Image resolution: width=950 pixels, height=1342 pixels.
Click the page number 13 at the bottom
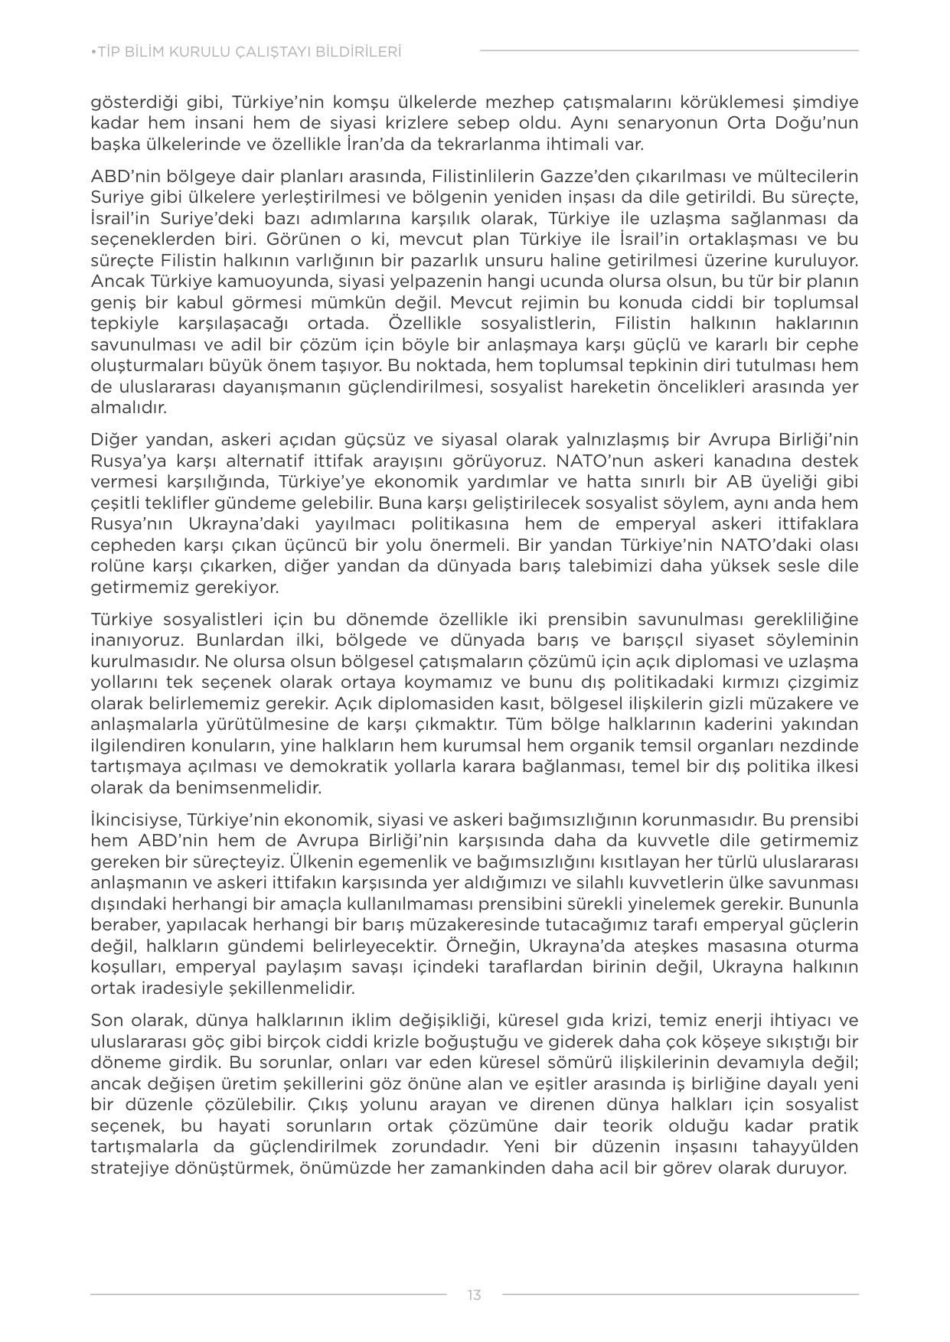click(474, 1295)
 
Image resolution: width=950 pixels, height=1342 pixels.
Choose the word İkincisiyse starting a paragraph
click(133, 819)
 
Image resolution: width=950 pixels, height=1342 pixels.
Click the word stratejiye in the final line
click(126, 1168)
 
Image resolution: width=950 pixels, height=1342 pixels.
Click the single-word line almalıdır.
click(129, 408)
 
